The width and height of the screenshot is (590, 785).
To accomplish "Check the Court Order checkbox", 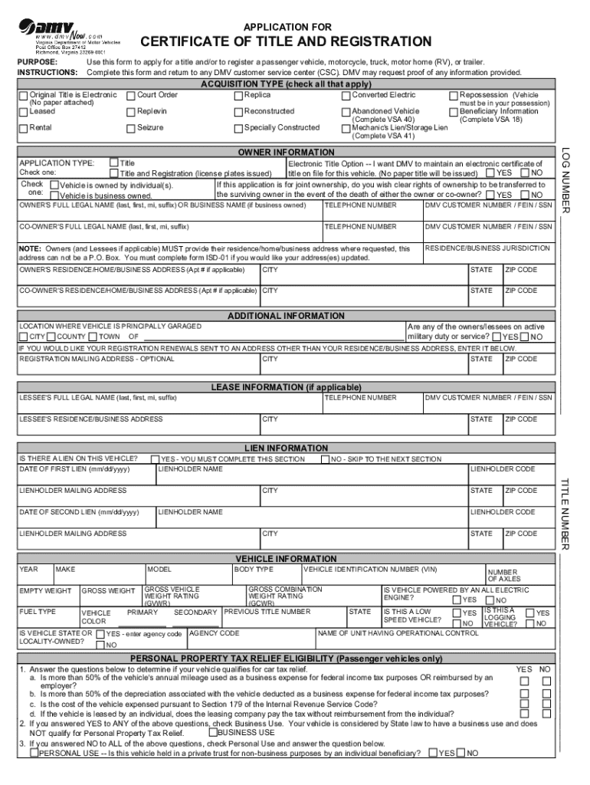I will point(131,95).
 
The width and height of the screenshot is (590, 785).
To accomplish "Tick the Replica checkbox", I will point(238,95).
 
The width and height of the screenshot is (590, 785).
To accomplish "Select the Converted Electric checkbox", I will point(346,95).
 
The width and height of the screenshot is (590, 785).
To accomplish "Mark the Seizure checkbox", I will point(131,127).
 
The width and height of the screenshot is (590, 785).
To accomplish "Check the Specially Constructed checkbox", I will point(238,127).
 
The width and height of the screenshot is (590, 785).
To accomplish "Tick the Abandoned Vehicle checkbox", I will point(346,111).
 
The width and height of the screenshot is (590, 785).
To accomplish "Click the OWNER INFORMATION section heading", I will point(286,153).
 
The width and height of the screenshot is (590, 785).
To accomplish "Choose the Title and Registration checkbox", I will point(114,173).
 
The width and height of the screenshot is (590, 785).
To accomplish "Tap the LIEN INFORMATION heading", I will point(286,448).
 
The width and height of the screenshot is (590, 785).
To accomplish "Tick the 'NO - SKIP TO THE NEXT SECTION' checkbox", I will point(325,459).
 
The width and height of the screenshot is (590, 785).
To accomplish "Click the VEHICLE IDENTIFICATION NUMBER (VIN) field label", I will point(370,570).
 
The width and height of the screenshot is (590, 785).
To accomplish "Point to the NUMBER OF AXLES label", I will point(503,575).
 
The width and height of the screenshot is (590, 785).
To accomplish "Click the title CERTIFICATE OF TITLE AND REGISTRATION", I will point(286,41).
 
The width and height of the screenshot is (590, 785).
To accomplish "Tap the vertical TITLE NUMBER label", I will point(567,514).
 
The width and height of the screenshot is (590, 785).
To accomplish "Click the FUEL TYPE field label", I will point(38,612).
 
